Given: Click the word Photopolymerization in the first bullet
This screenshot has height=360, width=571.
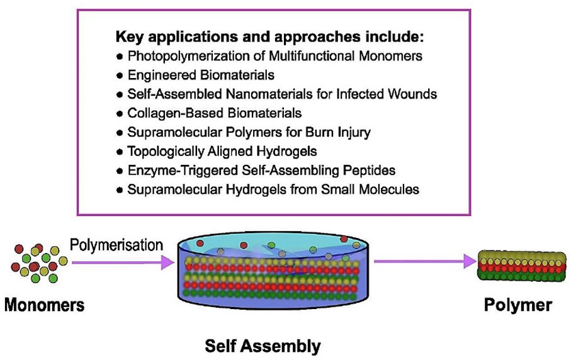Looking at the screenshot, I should tap(181, 56).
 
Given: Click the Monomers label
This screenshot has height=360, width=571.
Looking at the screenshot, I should tap(44, 306).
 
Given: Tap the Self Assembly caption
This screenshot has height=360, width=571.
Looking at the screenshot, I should tap(263, 345).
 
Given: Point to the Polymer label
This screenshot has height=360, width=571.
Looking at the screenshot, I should tap(517, 306).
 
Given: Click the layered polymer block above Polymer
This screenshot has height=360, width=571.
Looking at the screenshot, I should tap(518, 264).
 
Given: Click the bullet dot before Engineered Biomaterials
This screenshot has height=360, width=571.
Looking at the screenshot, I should tap(120, 76).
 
